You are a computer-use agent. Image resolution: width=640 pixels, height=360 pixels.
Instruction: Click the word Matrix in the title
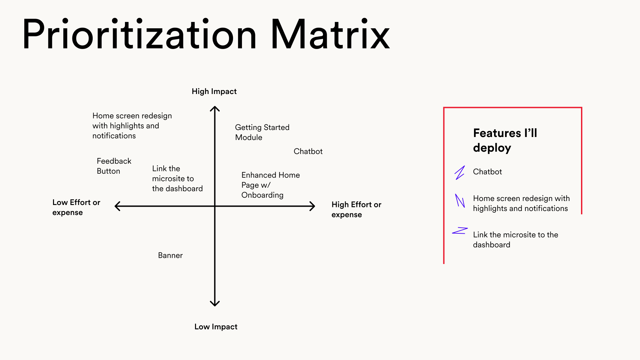(330, 34)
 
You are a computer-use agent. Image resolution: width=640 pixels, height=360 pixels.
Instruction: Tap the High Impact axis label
(214, 92)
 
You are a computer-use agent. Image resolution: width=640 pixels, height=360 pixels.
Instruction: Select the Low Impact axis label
(216, 327)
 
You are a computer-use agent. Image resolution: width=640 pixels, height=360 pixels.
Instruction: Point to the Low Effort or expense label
(76, 207)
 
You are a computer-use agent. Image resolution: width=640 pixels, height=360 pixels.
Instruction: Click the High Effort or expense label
(356, 209)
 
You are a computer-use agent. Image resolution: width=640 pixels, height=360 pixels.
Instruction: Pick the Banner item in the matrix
(170, 255)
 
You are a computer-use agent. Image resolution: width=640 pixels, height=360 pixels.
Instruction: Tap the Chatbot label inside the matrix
(308, 151)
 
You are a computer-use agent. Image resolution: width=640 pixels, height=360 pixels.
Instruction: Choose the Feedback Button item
(114, 166)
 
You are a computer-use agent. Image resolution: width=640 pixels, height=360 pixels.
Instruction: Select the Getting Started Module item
(262, 132)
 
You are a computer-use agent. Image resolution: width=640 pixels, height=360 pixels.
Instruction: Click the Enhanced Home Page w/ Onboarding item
(270, 185)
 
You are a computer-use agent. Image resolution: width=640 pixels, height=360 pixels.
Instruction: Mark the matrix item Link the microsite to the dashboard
(177, 178)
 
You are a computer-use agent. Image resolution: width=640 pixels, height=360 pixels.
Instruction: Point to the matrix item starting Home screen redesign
(132, 126)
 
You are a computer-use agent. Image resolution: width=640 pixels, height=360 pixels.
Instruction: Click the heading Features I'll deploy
(505, 140)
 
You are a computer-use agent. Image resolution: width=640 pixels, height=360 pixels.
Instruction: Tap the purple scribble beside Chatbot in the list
(460, 173)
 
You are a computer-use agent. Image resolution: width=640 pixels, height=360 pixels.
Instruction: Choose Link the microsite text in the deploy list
(515, 240)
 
